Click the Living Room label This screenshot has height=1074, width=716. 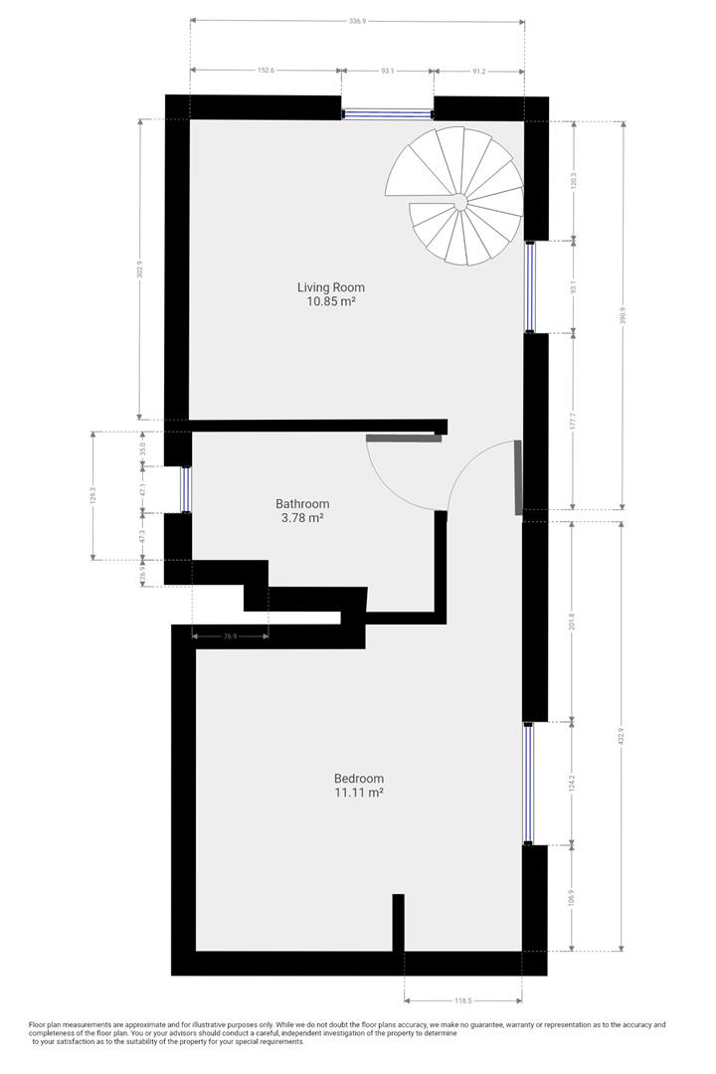coord(327,287)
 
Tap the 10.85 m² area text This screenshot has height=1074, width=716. coord(327,301)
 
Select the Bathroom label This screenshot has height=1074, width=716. coord(302,503)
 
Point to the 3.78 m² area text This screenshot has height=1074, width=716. coord(302,517)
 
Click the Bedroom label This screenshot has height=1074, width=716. coord(359,779)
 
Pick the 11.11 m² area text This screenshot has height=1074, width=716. coord(359,793)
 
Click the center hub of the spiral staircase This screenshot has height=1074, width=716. coord(460,203)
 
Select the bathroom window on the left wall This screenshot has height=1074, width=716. coord(185,488)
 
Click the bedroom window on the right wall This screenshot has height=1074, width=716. coord(529,784)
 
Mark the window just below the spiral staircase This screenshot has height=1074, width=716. coord(530,286)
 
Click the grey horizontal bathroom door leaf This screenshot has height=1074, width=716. coord(404,437)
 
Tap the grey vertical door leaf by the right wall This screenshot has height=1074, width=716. coord(517,477)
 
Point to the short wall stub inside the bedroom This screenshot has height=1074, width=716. coord(399,923)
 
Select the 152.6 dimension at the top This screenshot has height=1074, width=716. coord(265,71)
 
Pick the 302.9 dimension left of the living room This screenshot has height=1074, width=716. coord(140,268)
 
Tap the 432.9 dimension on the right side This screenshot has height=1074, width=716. coord(624,736)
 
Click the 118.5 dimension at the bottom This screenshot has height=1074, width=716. coord(462,1000)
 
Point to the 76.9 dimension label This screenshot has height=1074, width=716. coord(229,635)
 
